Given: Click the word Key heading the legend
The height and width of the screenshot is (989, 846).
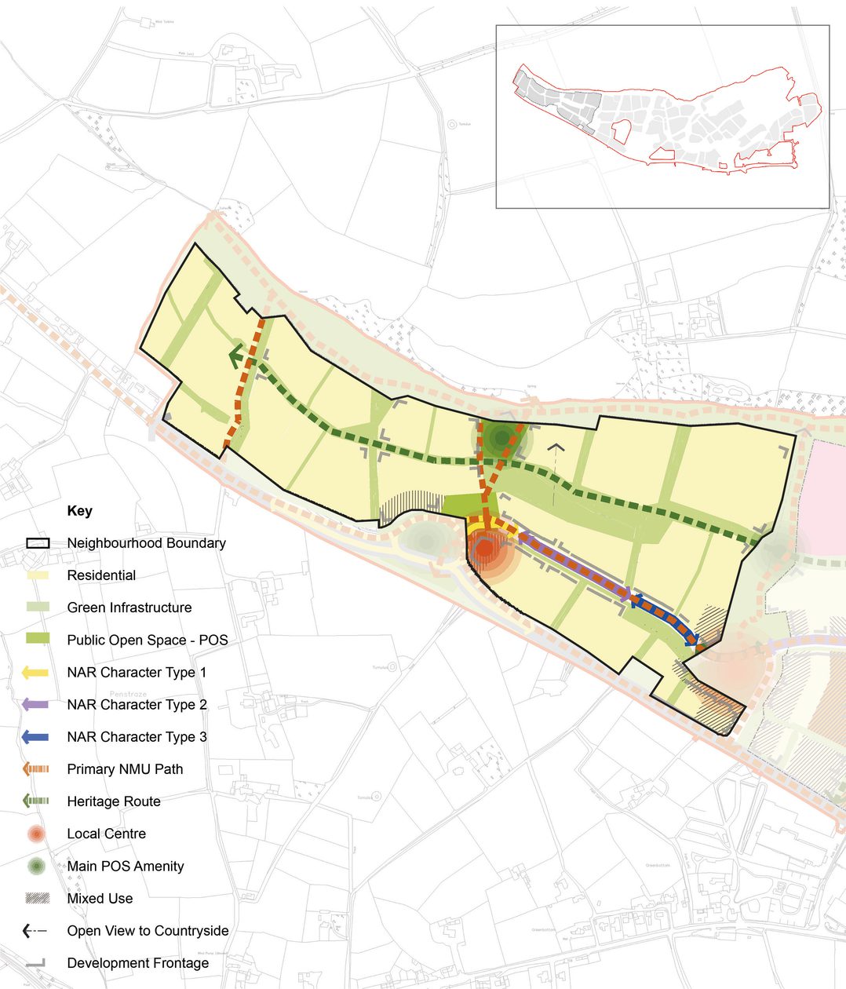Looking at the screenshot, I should [x=79, y=511].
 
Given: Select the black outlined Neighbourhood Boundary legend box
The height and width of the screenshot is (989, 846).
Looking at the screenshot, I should [x=37, y=543].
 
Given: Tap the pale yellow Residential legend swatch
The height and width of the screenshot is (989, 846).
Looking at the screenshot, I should [x=37, y=575].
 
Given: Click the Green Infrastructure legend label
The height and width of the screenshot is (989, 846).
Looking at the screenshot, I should [x=129, y=608].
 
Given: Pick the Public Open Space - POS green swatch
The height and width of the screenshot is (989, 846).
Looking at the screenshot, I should [x=37, y=640].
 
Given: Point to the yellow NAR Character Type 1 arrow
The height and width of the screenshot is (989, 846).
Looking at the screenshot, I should [x=36, y=673].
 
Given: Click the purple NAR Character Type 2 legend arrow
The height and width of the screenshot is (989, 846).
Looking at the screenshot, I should [x=36, y=705].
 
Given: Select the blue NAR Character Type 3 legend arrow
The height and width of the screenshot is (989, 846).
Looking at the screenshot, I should [x=36, y=737].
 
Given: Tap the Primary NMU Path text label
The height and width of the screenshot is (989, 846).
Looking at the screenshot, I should [x=125, y=769].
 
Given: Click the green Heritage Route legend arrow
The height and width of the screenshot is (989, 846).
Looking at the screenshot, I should [x=36, y=801].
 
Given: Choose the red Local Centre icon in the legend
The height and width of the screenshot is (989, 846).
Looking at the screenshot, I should [x=36, y=834].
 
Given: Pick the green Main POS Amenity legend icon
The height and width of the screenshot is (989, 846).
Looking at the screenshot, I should [x=36, y=867].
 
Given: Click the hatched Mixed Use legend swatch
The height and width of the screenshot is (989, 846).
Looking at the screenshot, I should [x=37, y=899].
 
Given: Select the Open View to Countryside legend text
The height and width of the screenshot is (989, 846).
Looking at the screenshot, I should [x=148, y=931].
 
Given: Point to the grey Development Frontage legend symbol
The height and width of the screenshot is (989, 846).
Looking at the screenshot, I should [x=36, y=963].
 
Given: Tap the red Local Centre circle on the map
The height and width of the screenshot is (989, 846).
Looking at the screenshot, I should [x=484, y=549].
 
